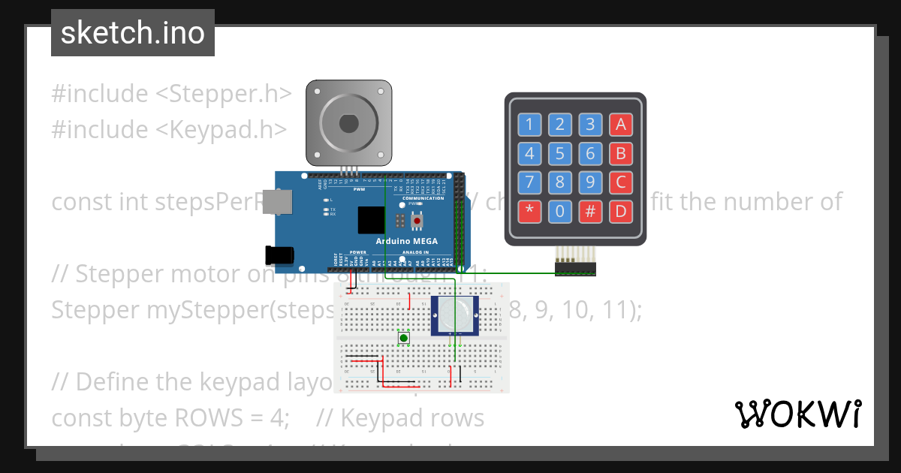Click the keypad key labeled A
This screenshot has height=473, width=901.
click(620, 125)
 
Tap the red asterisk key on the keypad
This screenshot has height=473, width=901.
click(530, 211)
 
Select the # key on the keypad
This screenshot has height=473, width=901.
click(590, 211)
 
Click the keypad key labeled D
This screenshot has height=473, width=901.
click(620, 211)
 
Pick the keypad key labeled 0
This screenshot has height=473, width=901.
click(560, 211)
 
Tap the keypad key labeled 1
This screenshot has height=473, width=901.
click(530, 125)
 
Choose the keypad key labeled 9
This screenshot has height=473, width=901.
click(590, 182)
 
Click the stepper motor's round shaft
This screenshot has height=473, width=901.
click(348, 122)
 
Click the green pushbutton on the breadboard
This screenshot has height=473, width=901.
click(404, 339)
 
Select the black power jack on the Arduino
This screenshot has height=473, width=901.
click(280, 255)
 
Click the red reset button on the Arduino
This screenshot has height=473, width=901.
click(417, 221)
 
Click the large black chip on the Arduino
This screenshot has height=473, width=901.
click(372, 219)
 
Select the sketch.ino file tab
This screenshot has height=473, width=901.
click(133, 33)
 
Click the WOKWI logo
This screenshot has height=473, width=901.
click(797, 414)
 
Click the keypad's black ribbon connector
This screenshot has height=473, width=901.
click(575, 267)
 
